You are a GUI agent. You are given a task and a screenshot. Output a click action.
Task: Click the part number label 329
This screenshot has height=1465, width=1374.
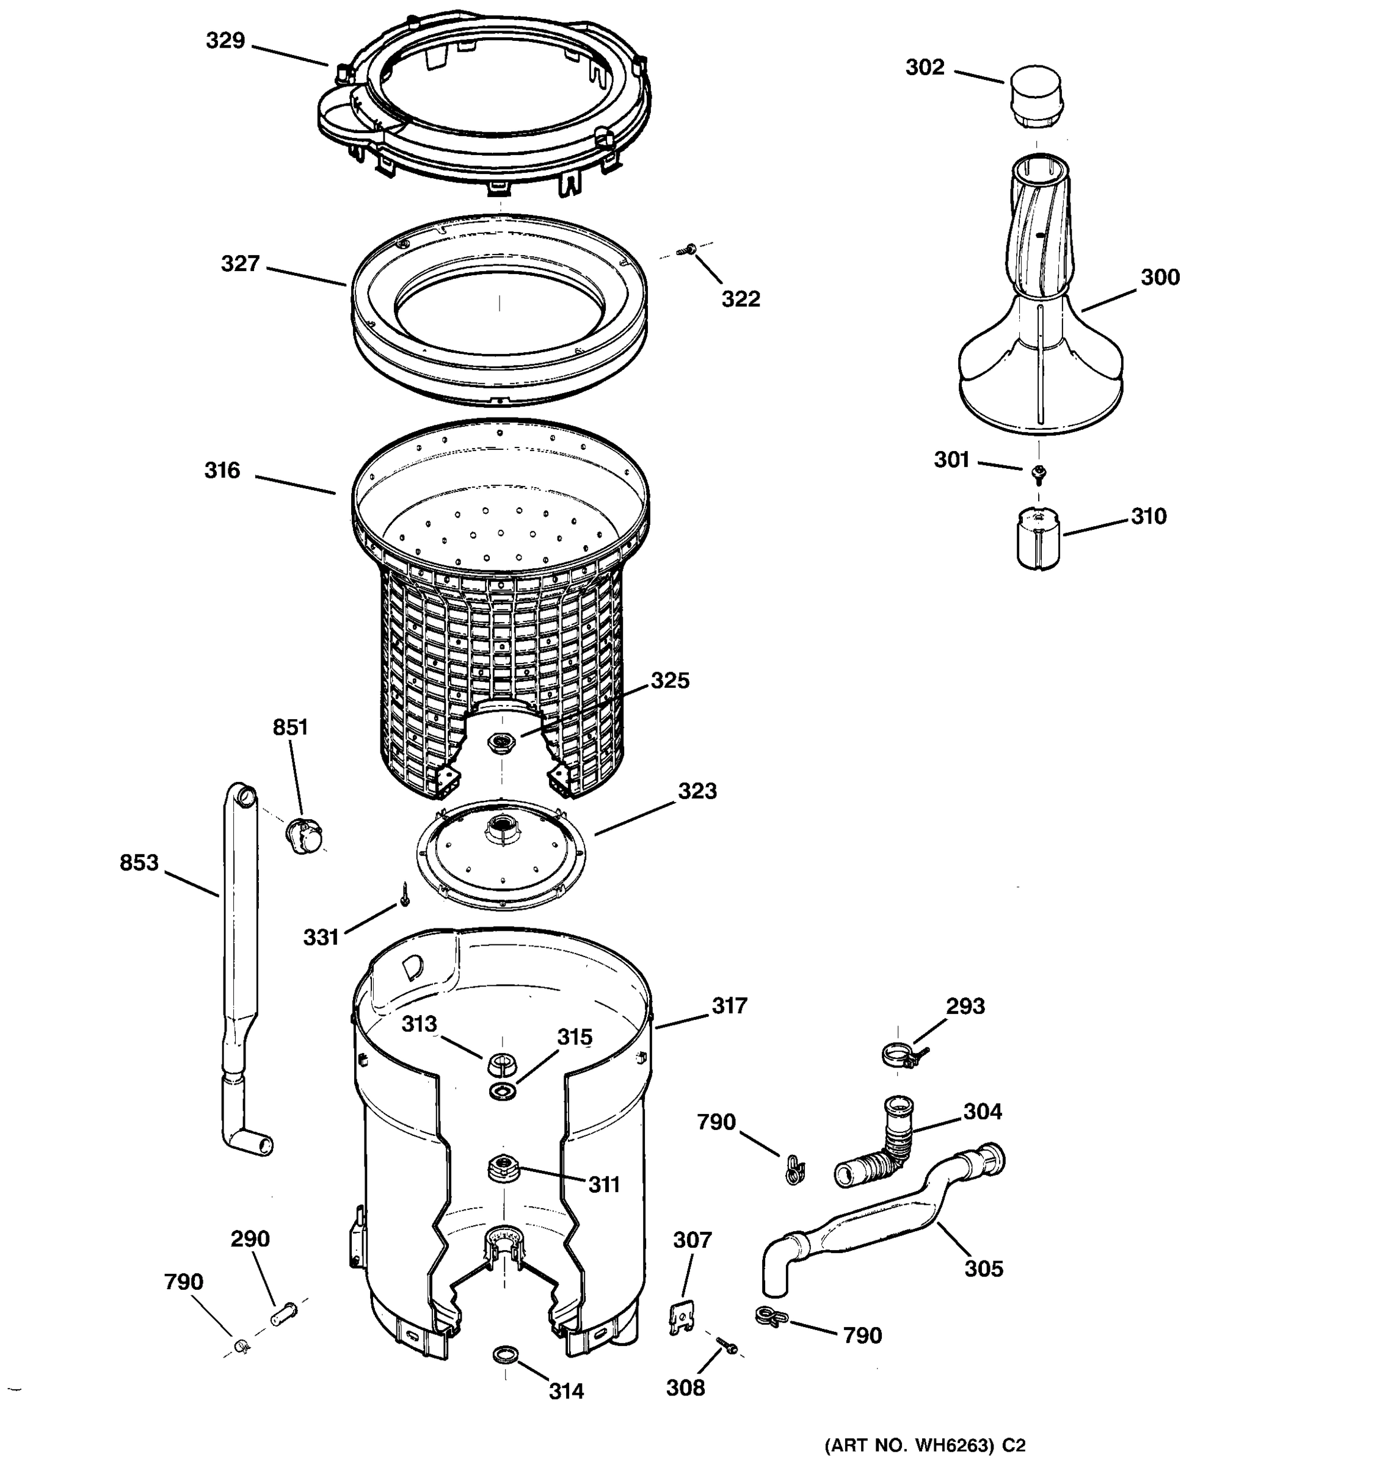[x=225, y=40]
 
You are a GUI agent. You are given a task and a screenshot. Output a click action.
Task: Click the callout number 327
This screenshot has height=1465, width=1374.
[x=241, y=264]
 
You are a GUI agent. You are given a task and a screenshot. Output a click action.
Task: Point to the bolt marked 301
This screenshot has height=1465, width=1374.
[x=1039, y=472]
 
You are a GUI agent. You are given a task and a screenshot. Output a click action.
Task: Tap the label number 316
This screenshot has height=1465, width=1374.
[x=222, y=470]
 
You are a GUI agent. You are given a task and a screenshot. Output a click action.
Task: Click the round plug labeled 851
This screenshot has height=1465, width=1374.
[x=304, y=835]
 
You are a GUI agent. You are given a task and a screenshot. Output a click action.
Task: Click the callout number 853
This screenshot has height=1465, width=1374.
[x=139, y=862]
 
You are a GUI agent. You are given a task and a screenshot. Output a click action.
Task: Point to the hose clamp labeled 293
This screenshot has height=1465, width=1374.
[x=901, y=1056]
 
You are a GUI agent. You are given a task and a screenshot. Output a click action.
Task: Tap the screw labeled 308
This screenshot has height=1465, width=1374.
[x=727, y=1345]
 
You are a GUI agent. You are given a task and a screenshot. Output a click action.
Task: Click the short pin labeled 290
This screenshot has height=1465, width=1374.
[x=284, y=1313]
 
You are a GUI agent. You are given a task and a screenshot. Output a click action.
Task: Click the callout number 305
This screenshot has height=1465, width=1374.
[x=983, y=1268]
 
